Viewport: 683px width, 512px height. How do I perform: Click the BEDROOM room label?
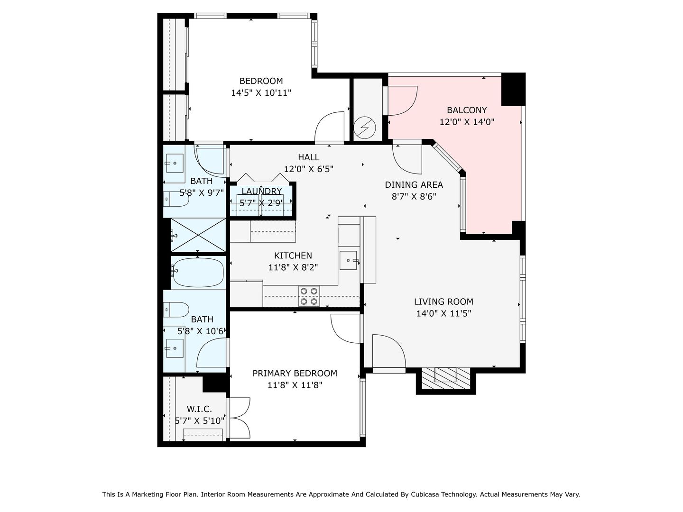click(x=261, y=81)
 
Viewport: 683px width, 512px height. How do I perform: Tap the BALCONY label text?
click(x=466, y=110)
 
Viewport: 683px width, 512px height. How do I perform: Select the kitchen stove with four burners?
click(x=309, y=296)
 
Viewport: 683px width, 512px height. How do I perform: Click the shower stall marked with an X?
click(x=198, y=235)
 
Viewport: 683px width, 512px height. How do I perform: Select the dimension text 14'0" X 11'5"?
click(x=444, y=313)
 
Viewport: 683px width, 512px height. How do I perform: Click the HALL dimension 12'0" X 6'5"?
click(x=308, y=169)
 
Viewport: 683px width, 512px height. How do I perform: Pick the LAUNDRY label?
click(x=262, y=191)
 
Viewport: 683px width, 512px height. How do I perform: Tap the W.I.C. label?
click(x=199, y=409)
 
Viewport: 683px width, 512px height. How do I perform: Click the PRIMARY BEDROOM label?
click(x=295, y=374)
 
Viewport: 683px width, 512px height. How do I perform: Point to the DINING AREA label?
click(x=414, y=185)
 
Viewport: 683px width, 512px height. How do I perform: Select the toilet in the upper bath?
click(x=176, y=199)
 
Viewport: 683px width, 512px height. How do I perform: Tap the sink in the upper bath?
click(x=175, y=163)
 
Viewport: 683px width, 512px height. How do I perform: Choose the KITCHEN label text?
click(x=293, y=256)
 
